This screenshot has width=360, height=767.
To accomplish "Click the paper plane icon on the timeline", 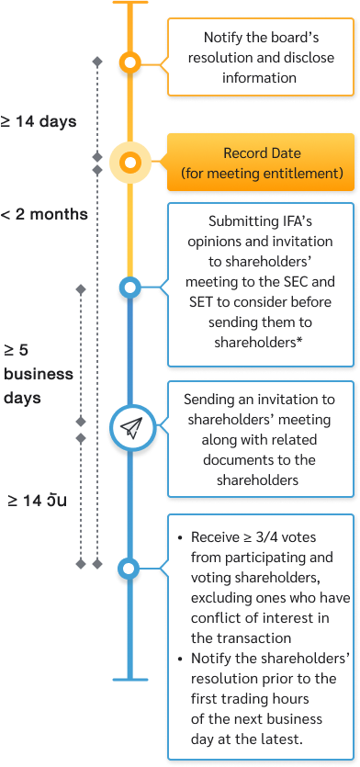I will coord(130,427).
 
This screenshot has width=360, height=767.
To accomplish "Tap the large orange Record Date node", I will coord(130,163).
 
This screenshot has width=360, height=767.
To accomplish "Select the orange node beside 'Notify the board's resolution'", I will coord(130,63).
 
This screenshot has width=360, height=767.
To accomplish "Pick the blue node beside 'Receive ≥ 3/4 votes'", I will coord(130,570).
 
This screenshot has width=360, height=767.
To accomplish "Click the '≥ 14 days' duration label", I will coord(39,120).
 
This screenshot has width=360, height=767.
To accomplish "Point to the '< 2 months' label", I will coord(44,214).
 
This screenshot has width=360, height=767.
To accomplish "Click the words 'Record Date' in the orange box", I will coord(262,153).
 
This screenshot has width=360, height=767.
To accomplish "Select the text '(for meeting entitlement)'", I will coord(262,172).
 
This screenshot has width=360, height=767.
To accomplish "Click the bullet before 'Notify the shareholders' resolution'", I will coord(180,658).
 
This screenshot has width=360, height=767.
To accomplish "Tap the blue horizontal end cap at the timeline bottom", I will coord(130,679).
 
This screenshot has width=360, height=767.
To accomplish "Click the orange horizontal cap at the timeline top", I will coord(130,3).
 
